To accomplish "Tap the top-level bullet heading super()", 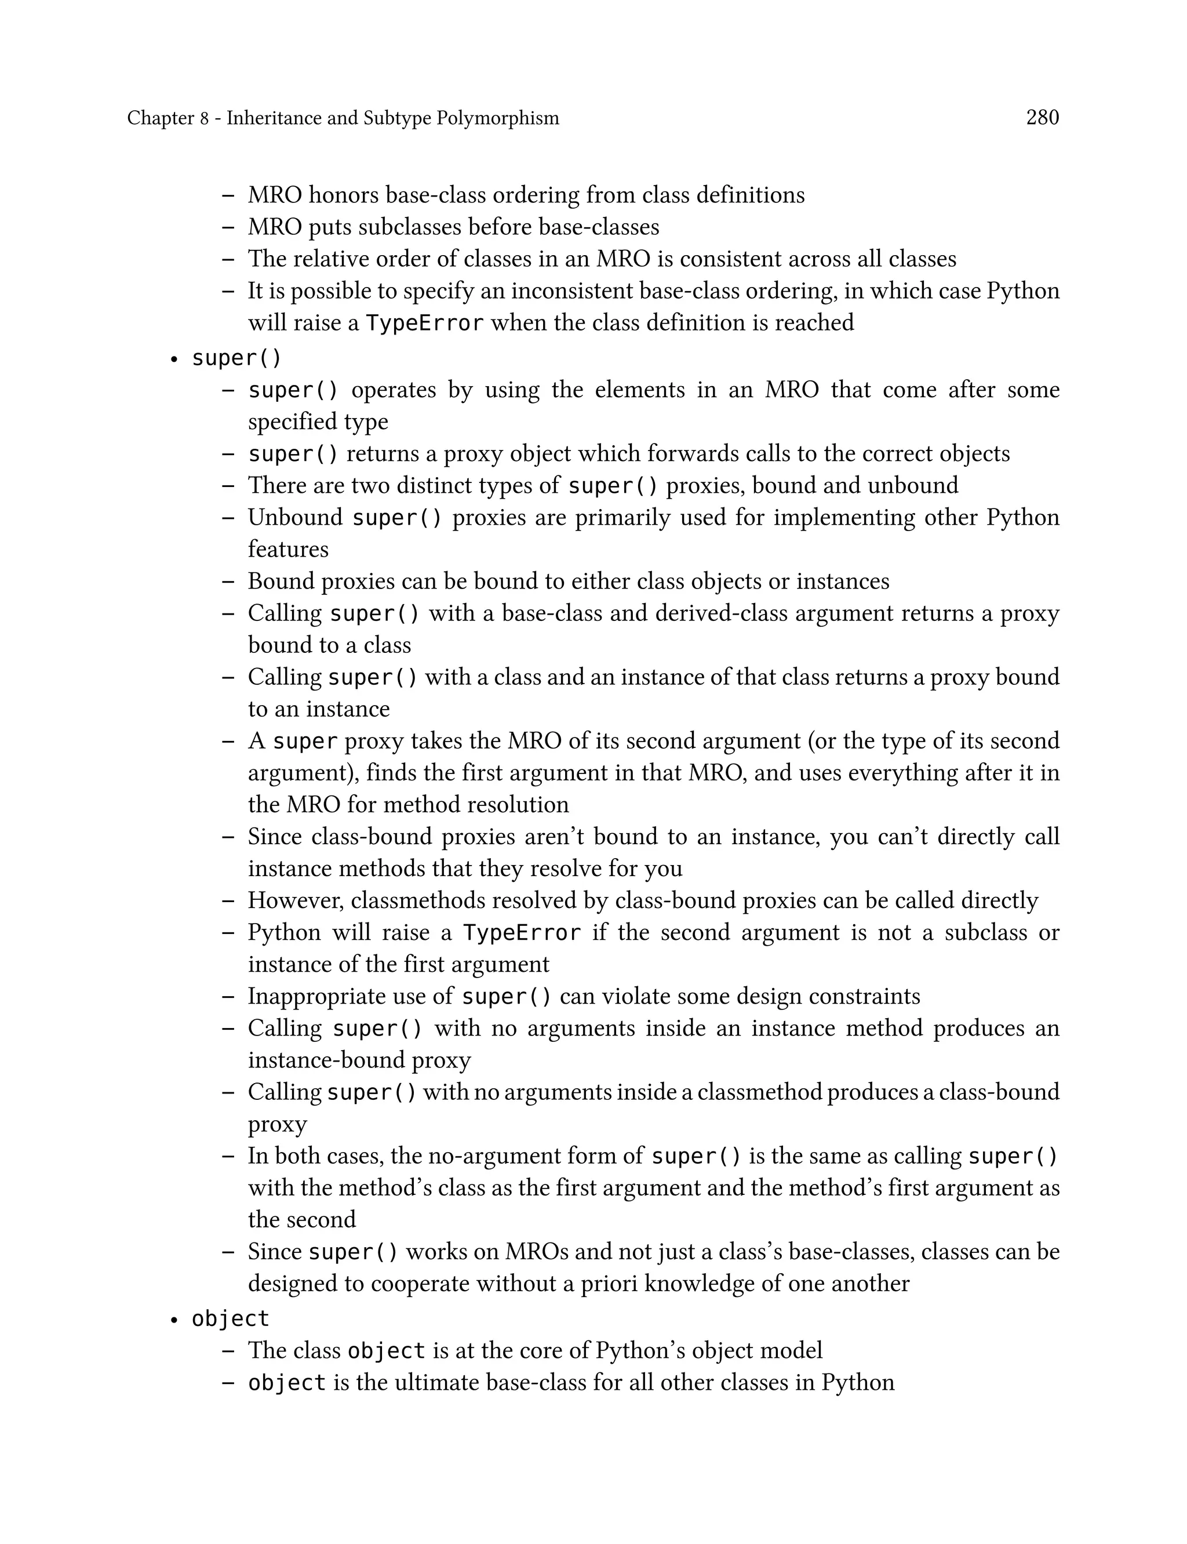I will point(236,358).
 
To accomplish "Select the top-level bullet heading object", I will point(230,1318).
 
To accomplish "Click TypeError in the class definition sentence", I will point(425,323).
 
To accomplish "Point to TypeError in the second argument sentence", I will point(522,933).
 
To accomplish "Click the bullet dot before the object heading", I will point(173,1320).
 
